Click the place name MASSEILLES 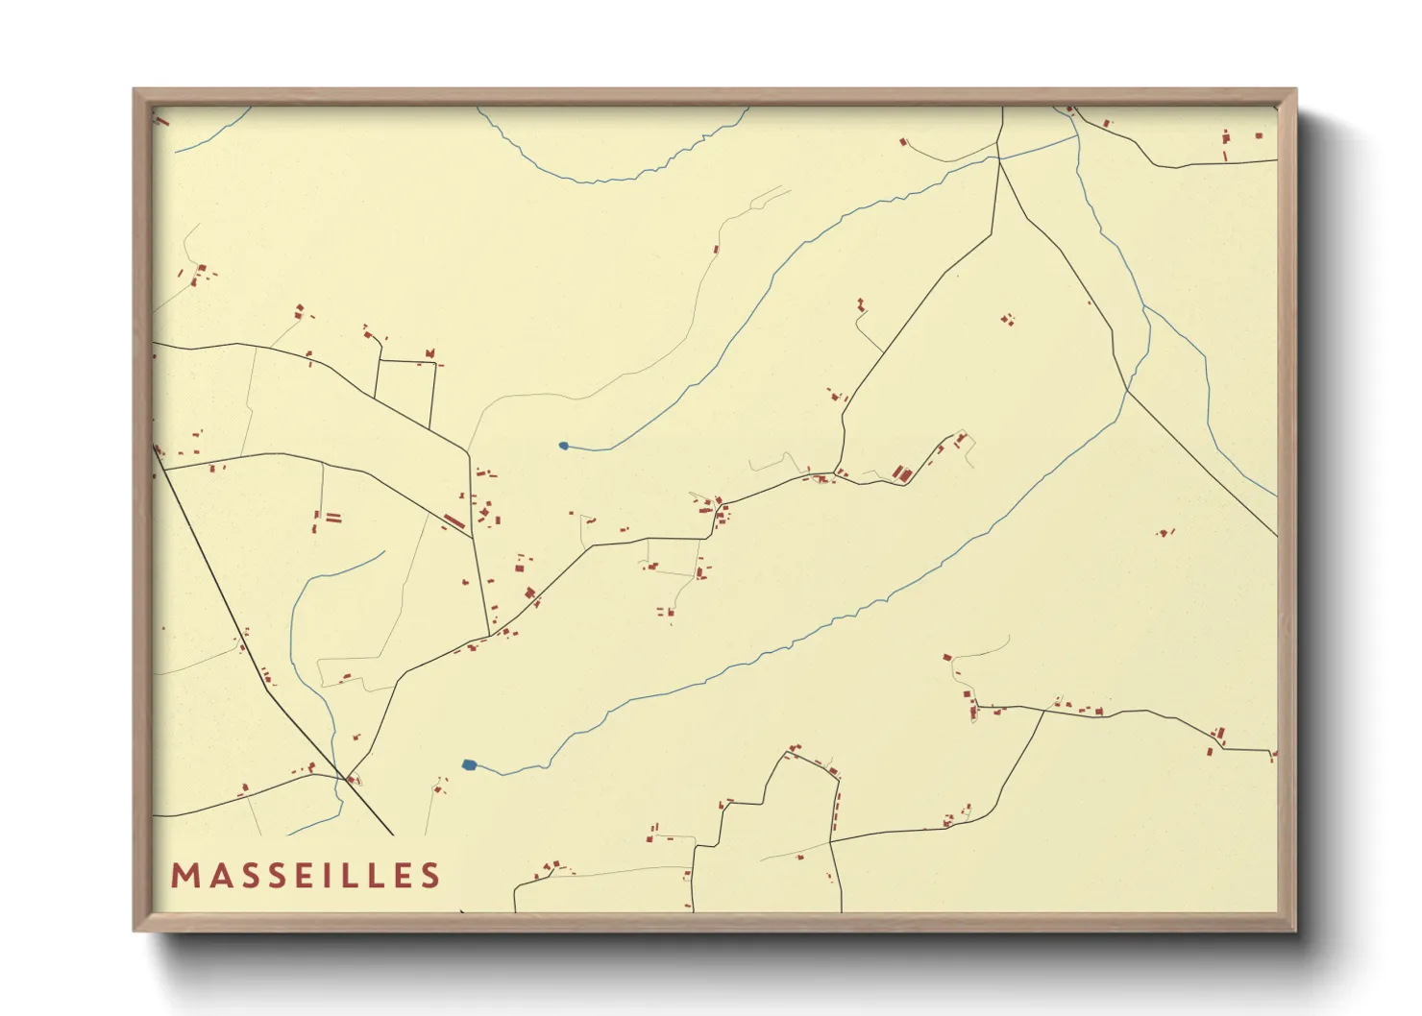point(306,876)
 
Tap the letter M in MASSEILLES point(184,876)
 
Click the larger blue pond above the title point(469,764)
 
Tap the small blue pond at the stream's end point(563,446)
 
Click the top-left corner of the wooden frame point(135,90)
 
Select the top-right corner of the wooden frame point(1295,90)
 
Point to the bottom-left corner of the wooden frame point(135,930)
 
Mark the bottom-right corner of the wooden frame point(1295,930)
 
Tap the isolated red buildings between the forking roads point(1007,319)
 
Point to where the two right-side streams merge point(1144,307)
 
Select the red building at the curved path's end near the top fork point(903,142)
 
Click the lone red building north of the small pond point(716,250)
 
